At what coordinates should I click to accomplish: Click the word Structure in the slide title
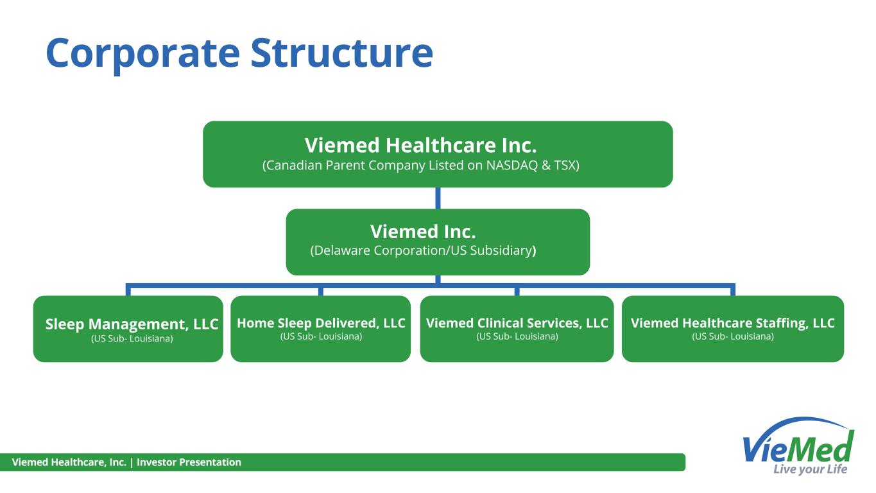tap(341, 53)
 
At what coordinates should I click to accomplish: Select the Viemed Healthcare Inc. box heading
tap(420, 145)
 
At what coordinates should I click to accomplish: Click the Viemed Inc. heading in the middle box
tap(423, 231)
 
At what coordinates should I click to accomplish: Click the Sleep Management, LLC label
tap(132, 324)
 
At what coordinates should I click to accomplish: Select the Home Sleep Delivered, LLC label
tap(321, 323)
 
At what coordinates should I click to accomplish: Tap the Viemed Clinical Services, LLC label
tap(517, 323)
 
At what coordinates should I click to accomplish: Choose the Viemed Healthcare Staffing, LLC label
tap(732, 323)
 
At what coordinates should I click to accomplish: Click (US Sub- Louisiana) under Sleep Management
tap(132, 339)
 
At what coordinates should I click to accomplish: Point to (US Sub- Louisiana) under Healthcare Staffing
tap(732, 336)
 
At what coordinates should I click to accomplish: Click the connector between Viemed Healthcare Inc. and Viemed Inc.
tap(438, 198)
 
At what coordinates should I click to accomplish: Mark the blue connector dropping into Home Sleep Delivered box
tap(321, 290)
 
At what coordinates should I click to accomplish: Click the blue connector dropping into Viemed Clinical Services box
tap(517, 290)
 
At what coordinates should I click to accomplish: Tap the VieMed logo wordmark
tap(798, 448)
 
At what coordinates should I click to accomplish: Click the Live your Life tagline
tap(810, 469)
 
